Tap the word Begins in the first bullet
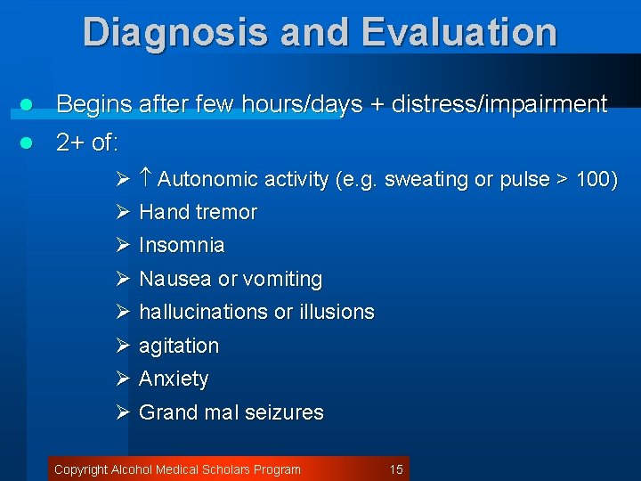[94, 105]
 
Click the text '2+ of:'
[87, 143]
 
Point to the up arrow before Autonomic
[147, 179]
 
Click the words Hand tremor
[198, 213]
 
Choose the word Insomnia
[182, 246]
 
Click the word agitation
[179, 346]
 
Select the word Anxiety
[174, 379]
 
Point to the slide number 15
[396, 469]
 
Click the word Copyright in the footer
[81, 469]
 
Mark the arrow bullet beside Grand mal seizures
[124, 413]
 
